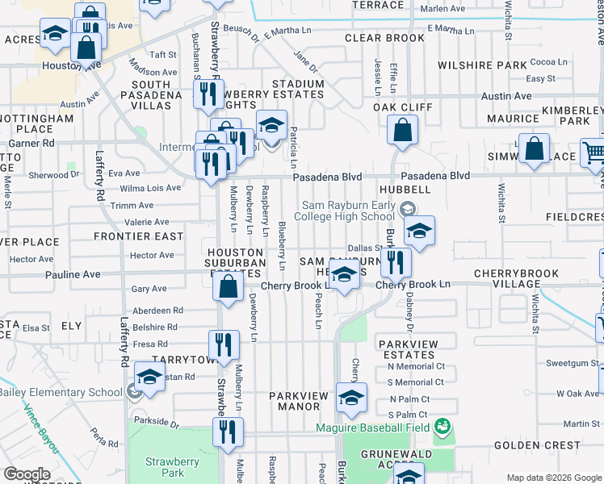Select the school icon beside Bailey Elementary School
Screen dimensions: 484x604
(149, 377)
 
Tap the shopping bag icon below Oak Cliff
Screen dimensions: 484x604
(401, 131)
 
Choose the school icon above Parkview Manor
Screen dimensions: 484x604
(351, 397)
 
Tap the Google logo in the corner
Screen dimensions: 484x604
(27, 474)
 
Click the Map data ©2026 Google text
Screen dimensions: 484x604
(554, 478)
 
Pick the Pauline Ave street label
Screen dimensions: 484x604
(73, 274)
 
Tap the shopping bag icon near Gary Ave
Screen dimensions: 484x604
(229, 286)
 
